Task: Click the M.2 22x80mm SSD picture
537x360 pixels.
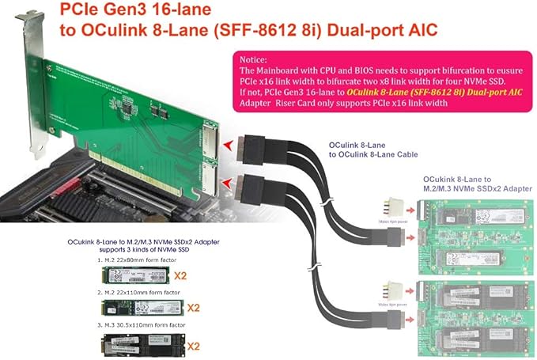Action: pos(136,274)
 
